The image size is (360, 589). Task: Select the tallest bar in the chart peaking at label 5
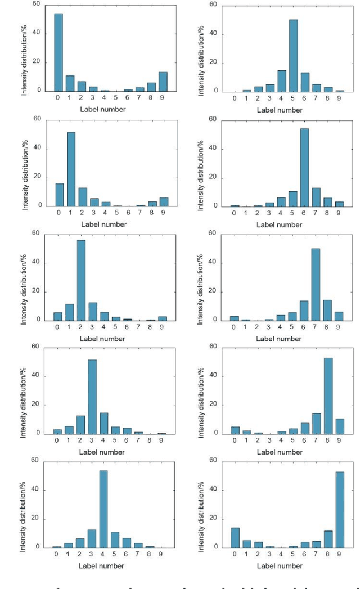[293, 56]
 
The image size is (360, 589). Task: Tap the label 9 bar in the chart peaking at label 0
[163, 82]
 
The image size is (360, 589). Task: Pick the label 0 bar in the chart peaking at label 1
[59, 195]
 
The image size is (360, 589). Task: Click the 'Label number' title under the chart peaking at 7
[280, 339]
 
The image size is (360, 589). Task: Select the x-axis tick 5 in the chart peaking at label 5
[293, 98]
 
